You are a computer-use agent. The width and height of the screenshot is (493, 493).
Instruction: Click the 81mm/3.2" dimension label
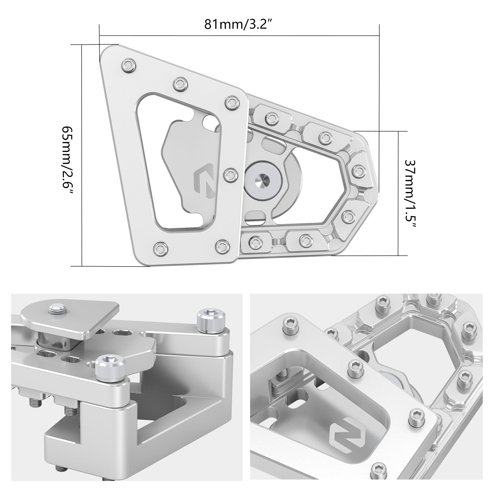(239, 24)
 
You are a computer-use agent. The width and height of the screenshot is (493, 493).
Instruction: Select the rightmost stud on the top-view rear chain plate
(358, 170)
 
